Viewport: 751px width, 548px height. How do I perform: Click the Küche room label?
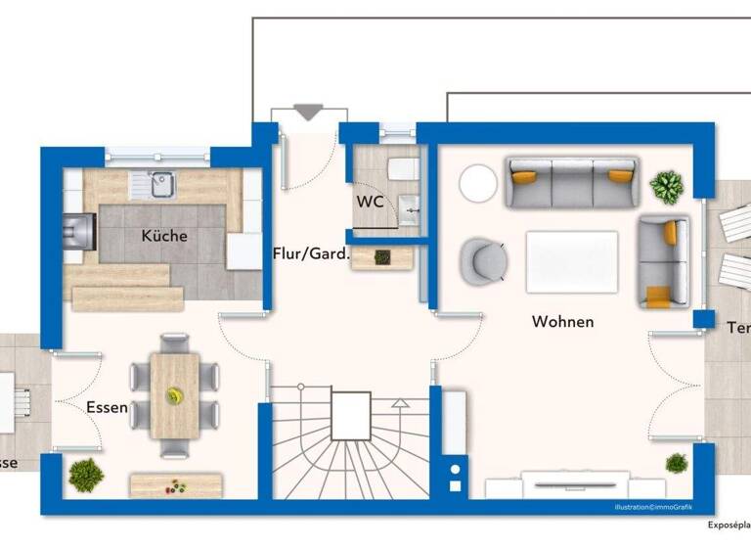point(163,236)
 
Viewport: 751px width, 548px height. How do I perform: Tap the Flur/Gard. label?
point(311,254)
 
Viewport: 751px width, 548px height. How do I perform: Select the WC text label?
point(370,202)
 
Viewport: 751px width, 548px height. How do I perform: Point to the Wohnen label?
point(562,321)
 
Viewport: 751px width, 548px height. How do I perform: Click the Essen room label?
point(107,407)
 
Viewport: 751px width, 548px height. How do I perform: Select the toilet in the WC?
point(402,169)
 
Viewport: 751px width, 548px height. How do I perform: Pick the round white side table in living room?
point(479,183)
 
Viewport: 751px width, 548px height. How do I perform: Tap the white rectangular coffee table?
point(572,261)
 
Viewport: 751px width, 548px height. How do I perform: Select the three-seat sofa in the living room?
point(572,182)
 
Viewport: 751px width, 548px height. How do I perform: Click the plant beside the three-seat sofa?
point(668,186)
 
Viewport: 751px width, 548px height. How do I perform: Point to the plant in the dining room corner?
point(86,475)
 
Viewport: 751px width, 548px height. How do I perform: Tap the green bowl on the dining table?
point(175,395)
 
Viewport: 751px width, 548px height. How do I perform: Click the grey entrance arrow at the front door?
point(308,113)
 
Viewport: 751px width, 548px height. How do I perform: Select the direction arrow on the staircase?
point(399,402)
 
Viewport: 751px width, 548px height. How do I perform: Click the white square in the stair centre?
point(350,415)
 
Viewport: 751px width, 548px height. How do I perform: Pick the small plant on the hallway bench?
point(382,256)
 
